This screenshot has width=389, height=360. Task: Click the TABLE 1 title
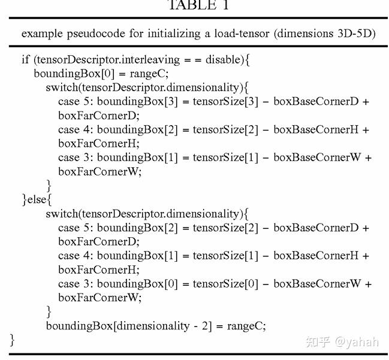point(198,5)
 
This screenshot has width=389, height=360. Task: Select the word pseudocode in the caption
point(96,34)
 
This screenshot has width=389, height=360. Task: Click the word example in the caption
point(42,34)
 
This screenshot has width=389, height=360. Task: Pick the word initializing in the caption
point(174,34)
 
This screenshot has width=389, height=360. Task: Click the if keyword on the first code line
point(26,59)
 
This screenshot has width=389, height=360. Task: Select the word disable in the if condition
point(222,59)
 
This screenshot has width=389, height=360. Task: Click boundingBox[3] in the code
point(137,101)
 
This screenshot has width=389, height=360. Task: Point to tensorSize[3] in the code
point(225,101)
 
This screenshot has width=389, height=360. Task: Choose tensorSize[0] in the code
point(225,284)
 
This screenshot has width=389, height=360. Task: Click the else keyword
point(37,199)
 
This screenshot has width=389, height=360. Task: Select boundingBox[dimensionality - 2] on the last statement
point(129,326)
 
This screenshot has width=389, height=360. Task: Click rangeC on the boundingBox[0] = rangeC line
point(149,74)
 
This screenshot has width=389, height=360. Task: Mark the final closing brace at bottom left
point(12,340)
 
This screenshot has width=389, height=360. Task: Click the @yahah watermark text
point(357,342)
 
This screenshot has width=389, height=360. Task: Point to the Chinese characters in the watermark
point(318,341)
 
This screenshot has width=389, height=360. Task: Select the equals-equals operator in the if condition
point(192,60)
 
